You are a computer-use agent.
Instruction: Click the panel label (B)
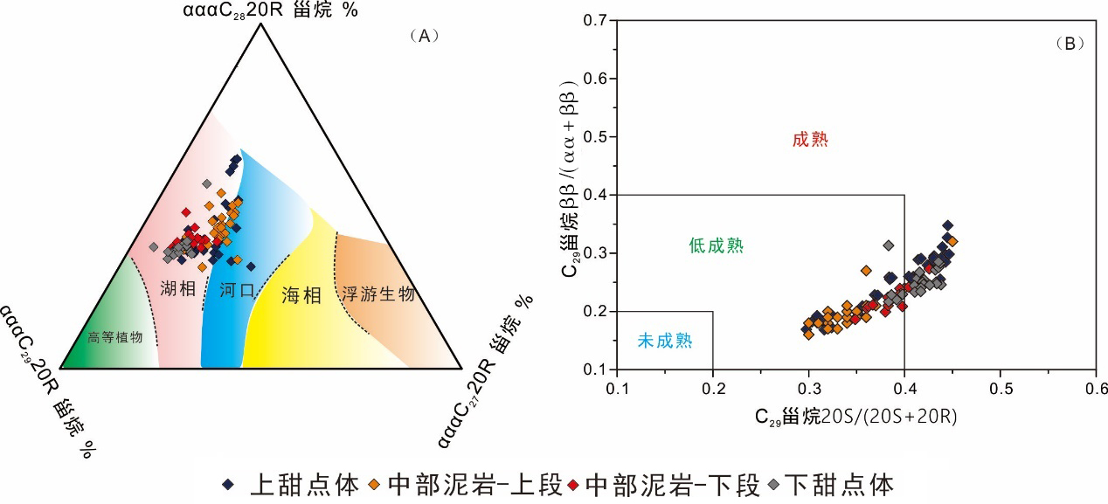point(1070,43)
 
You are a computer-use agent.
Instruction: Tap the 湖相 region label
point(178,288)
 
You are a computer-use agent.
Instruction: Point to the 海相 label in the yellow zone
point(301,296)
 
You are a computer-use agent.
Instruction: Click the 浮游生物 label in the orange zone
point(377,294)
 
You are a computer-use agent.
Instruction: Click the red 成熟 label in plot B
point(809,140)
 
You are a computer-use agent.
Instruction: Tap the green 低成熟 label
point(716,246)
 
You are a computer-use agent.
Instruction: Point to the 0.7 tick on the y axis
point(596,21)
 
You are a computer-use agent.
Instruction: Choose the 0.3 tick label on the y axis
point(596,253)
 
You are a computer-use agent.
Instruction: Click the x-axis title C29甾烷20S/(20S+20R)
point(856,417)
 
